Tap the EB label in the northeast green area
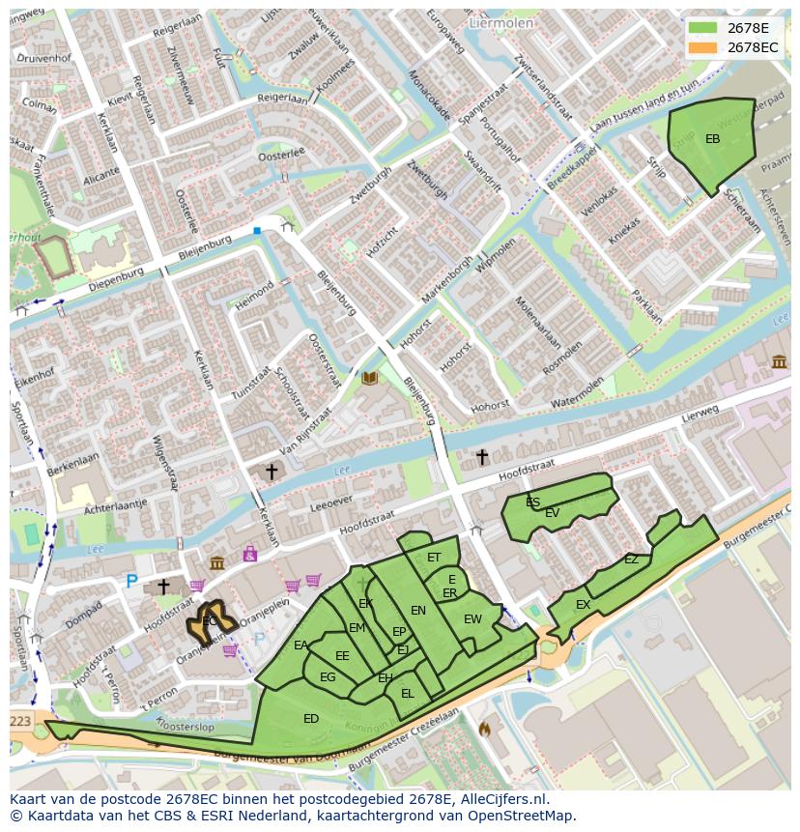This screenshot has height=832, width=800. click(712, 139)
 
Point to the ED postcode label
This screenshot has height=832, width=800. click(311, 719)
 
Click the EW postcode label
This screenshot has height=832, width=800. click(472, 619)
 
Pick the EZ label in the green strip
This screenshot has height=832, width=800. click(631, 559)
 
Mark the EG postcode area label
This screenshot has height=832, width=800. click(328, 677)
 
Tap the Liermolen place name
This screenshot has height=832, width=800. click(500, 21)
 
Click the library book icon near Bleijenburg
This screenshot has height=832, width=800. click(369, 378)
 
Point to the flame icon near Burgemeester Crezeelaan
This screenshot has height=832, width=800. click(484, 730)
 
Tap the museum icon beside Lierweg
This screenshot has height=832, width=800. click(779, 361)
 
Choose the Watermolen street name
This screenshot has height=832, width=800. click(577, 391)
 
